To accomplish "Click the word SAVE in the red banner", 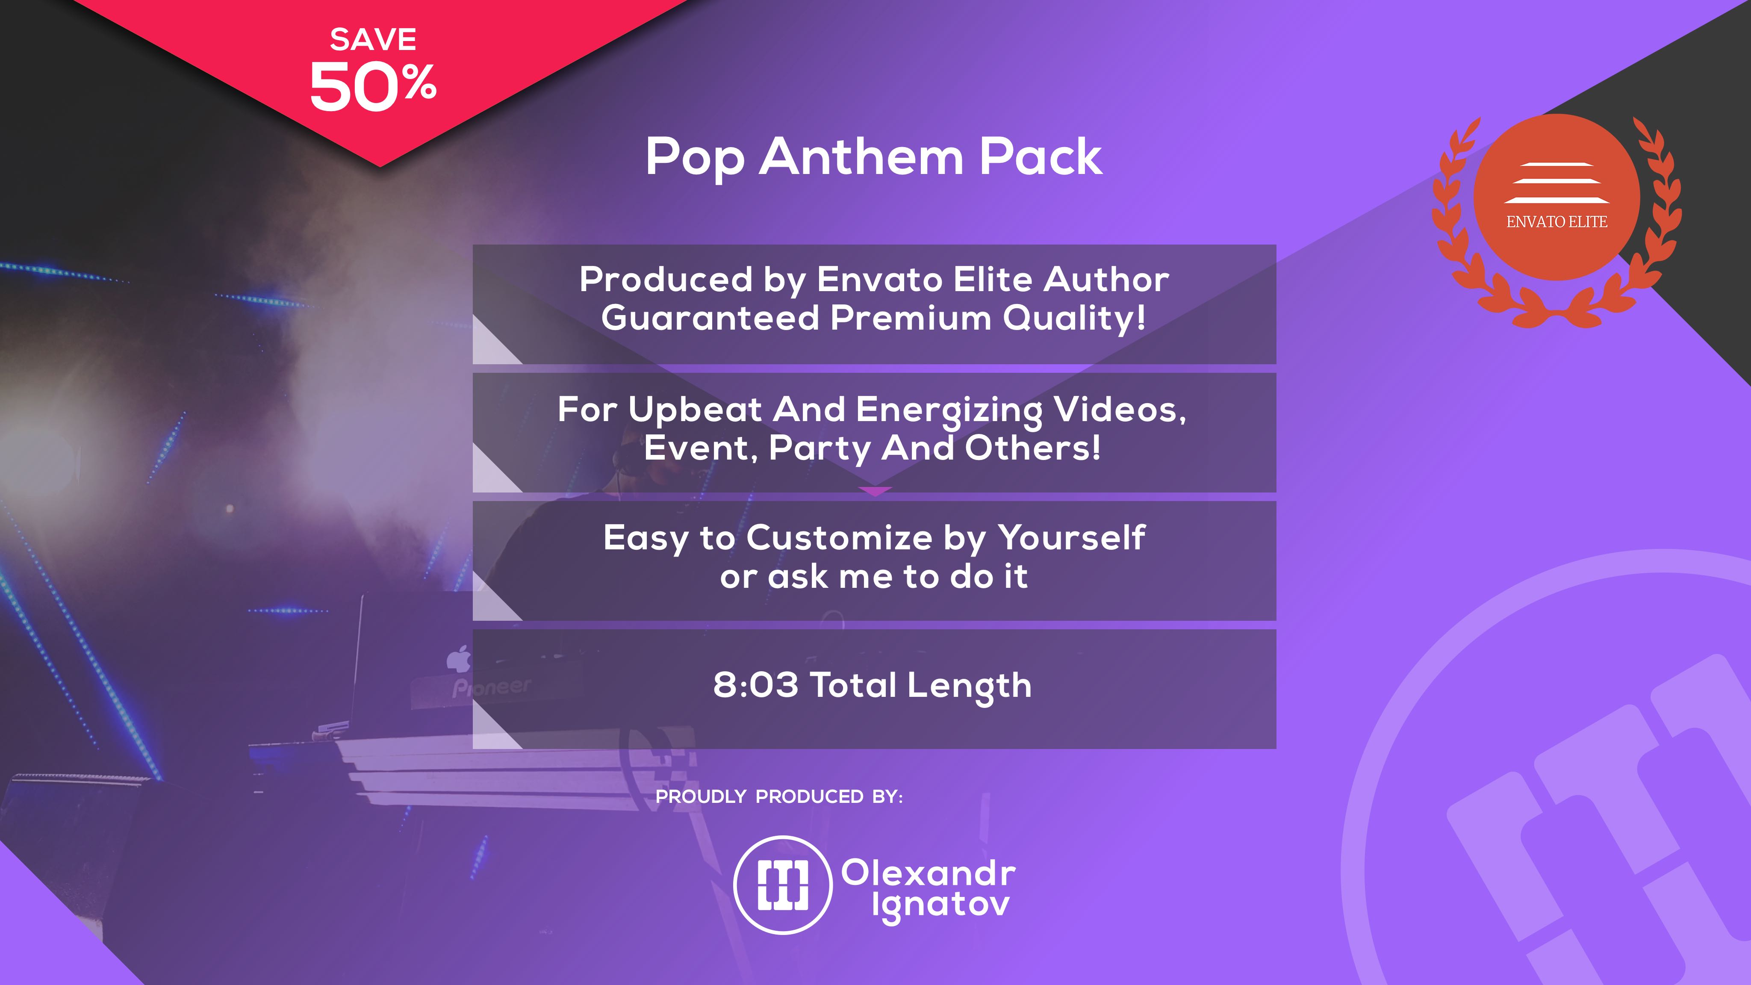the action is (373, 39).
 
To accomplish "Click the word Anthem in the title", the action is (861, 156).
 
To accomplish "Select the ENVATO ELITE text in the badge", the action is (1556, 221).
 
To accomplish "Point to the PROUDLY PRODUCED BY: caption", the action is (779, 797).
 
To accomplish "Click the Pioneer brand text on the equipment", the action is (492, 687).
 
